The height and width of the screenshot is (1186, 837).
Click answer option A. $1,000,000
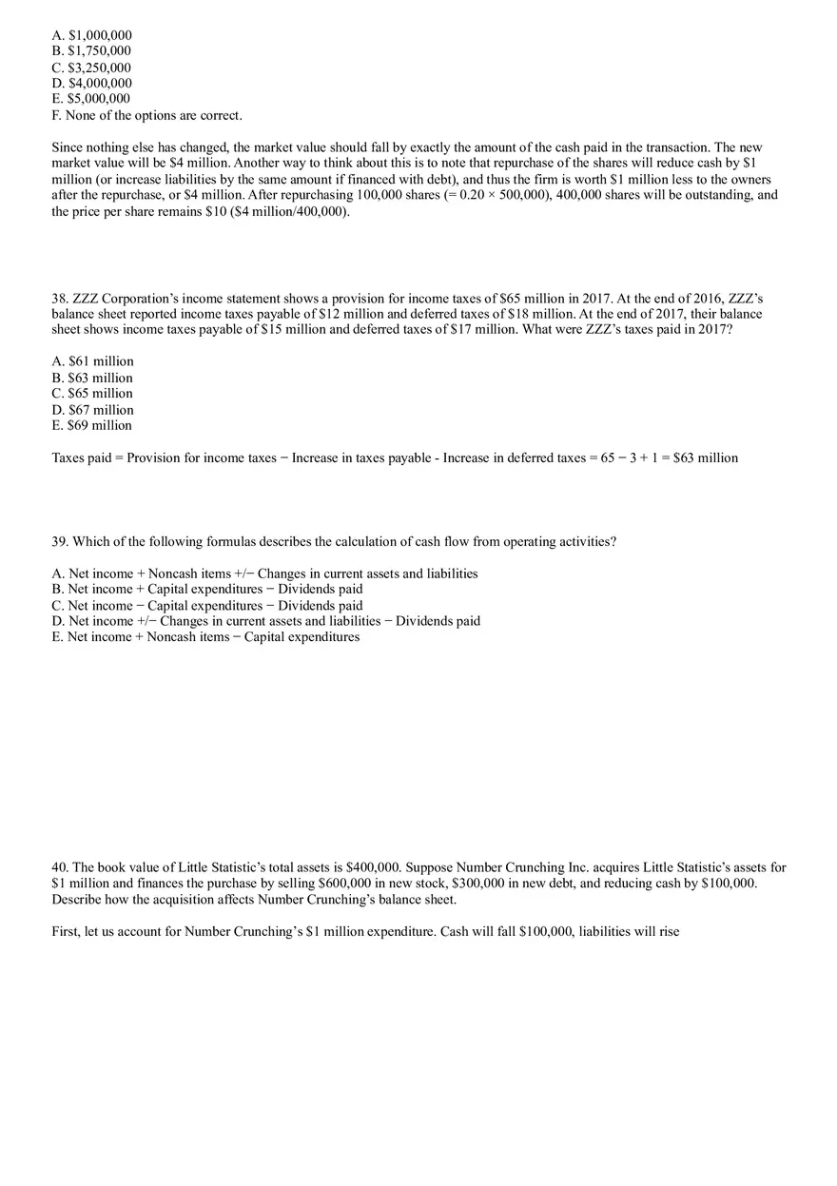91,35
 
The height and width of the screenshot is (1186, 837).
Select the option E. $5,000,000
91,99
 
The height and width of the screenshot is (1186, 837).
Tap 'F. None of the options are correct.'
146,115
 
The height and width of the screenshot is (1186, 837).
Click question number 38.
60,298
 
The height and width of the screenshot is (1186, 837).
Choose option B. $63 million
92,378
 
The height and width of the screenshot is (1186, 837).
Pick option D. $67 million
92,410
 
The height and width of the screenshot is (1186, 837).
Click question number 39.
60,541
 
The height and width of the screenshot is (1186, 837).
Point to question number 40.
60,867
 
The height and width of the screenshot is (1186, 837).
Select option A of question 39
264,574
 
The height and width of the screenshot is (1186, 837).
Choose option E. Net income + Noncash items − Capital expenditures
205,636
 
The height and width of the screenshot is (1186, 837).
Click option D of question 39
265,621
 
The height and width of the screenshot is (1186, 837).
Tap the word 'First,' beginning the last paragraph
67,931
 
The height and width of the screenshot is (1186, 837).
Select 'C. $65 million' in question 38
92,394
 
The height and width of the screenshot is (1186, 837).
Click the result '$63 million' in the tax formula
706,457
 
